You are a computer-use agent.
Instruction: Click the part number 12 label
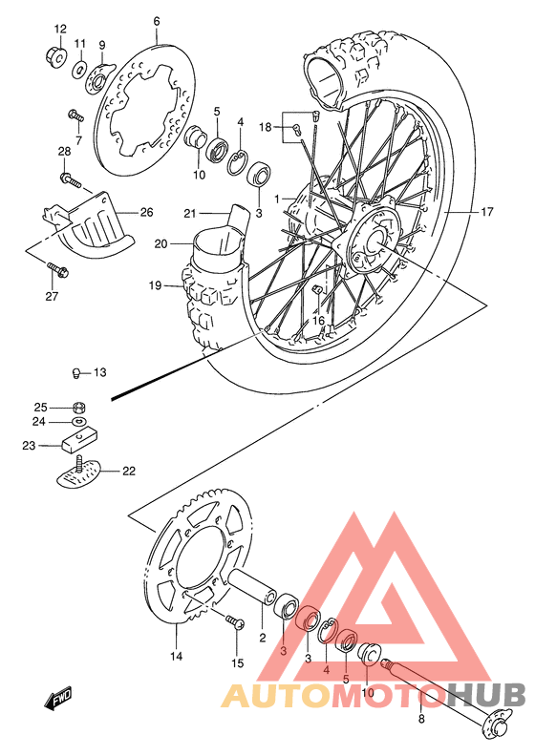pyautogui.click(x=60, y=28)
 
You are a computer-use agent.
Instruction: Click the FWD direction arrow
pyautogui.click(x=59, y=702)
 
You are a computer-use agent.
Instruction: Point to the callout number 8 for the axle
pyautogui.click(x=421, y=721)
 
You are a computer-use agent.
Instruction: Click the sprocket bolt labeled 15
pyautogui.click(x=233, y=623)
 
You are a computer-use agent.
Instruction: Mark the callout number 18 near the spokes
pyautogui.click(x=265, y=127)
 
